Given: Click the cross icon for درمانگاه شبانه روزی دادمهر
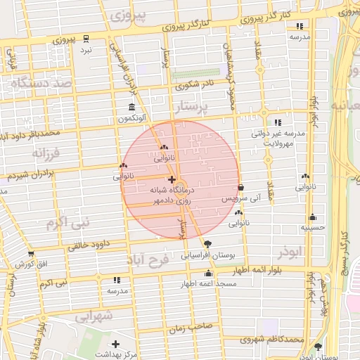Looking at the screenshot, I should [x=173, y=179].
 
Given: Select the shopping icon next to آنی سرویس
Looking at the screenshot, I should [x=241, y=188].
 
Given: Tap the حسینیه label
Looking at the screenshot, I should [x=311, y=227].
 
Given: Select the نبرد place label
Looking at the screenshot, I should [x=85, y=50].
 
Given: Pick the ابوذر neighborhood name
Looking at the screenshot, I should [x=289, y=250].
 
